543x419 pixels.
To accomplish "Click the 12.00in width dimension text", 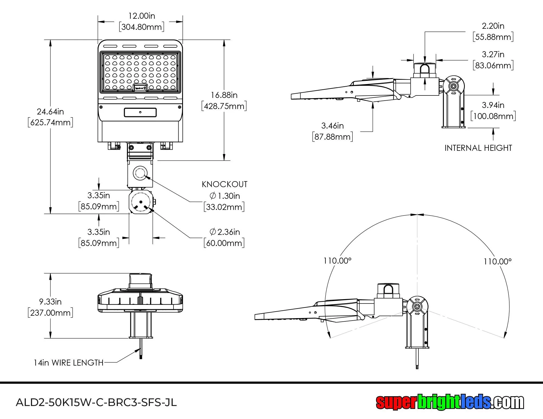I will [x=141, y=16].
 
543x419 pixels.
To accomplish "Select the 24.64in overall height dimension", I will [x=50, y=111].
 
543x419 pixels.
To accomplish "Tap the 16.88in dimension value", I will [x=224, y=95].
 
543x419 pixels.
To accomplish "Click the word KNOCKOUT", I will [x=225, y=184].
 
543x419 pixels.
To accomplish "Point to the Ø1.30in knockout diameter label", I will [x=225, y=196].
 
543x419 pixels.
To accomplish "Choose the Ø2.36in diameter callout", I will [x=225, y=232].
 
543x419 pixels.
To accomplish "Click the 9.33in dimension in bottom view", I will [x=50, y=302].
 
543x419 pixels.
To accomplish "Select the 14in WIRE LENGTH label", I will [x=68, y=363].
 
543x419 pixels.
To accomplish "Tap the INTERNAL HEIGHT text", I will [x=478, y=148].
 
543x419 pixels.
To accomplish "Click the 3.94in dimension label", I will [x=493, y=105].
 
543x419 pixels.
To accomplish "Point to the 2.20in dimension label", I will [x=493, y=26].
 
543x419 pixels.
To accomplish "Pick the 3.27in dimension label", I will [x=493, y=55].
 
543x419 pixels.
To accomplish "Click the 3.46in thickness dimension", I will [x=332, y=126].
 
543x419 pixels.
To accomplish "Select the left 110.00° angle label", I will [x=337, y=261].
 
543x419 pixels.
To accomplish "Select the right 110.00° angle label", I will [x=497, y=262].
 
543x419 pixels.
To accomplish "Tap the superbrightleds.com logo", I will [x=450, y=402].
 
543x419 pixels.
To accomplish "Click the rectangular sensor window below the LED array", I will [x=140, y=112].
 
